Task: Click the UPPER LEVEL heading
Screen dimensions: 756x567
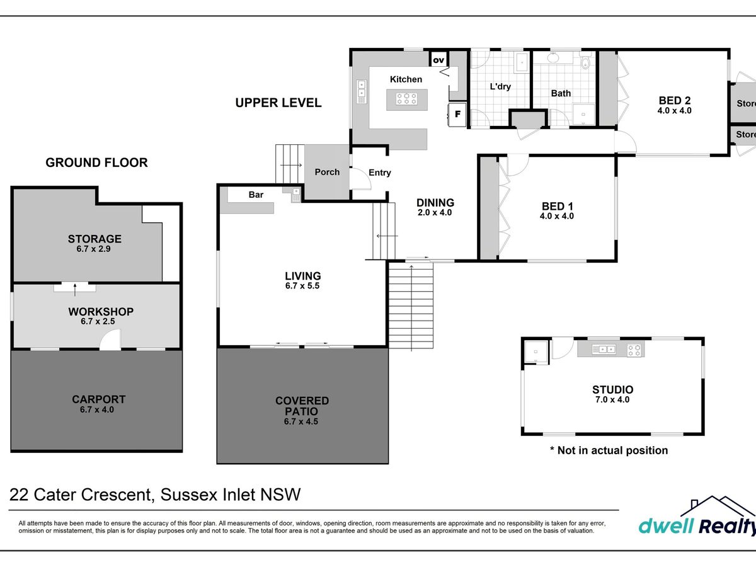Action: pos(278,103)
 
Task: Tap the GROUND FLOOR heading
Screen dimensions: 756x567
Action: pos(96,163)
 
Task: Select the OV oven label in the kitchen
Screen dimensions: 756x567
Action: pos(438,60)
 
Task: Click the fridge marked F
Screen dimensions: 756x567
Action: pos(457,114)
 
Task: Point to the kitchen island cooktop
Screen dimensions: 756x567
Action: pos(407,99)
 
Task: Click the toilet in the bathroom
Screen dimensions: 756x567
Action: pos(585,61)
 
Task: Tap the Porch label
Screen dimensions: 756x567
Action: pos(327,172)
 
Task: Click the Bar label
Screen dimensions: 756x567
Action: pos(256,195)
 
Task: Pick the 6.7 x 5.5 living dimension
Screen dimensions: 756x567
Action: pos(302,286)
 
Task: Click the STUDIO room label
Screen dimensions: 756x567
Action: pos(613,389)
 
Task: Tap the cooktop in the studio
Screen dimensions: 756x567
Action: pos(634,350)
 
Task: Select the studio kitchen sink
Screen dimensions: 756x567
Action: pos(604,350)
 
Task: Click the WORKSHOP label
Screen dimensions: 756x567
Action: pos(101,312)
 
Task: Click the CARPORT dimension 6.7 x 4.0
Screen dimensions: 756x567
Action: pos(97,409)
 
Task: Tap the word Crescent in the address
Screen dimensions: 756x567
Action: pos(116,495)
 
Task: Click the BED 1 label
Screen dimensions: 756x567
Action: pos(558,206)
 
